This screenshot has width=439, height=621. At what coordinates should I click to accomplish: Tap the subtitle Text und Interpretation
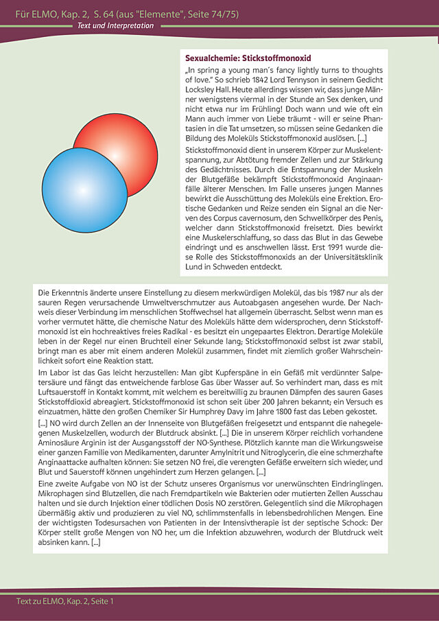(115, 26)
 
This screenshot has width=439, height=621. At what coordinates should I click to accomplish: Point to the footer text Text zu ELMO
(65, 601)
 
